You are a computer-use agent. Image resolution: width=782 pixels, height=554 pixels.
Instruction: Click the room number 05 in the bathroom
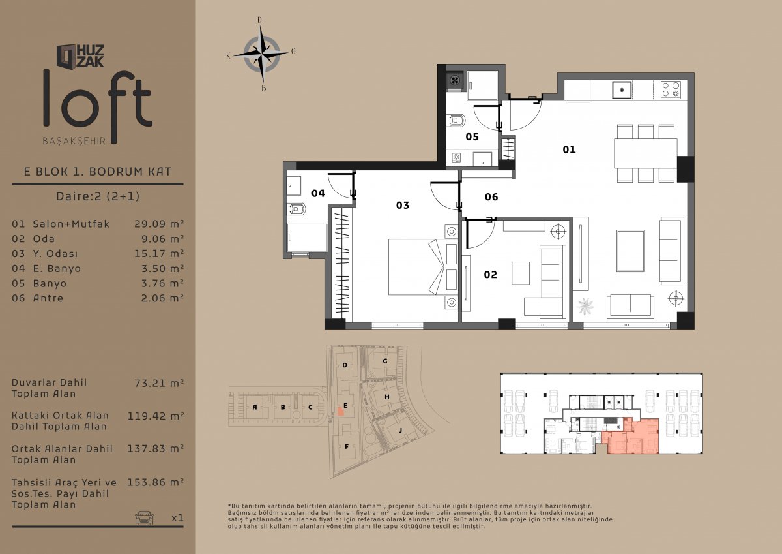472,136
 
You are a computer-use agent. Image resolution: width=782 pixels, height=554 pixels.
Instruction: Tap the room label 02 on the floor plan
490,274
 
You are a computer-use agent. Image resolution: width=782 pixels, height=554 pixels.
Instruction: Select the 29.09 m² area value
159,224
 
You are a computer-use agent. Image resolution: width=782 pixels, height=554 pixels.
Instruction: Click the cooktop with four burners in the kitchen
671,89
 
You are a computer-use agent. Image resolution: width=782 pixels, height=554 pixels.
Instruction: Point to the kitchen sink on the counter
622,90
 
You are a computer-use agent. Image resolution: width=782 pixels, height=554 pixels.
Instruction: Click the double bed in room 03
423,267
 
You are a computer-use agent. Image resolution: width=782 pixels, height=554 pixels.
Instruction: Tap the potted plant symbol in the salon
585,306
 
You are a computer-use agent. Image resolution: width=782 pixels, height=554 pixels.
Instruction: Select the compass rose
261,54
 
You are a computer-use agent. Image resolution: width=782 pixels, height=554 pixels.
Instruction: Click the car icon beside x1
144,517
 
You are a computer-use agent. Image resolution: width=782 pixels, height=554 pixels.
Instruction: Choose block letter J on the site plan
400,430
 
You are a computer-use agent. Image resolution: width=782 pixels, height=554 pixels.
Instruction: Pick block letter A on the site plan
255,407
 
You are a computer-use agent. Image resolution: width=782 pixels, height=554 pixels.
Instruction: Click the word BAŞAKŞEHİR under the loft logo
74,141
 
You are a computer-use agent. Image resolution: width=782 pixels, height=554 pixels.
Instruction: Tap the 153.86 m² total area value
155,482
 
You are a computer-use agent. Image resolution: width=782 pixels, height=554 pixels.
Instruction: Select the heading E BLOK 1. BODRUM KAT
98,171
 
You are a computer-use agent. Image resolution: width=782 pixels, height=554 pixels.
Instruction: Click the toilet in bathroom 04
296,209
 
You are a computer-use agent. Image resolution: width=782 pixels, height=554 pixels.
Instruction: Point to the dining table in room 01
646,154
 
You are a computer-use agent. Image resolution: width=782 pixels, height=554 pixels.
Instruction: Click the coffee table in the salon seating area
631,251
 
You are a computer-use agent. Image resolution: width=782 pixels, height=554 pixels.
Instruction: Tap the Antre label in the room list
48,298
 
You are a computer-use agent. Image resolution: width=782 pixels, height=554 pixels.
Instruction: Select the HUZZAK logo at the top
80,56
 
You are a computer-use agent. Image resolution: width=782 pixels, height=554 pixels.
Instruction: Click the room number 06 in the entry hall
491,197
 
